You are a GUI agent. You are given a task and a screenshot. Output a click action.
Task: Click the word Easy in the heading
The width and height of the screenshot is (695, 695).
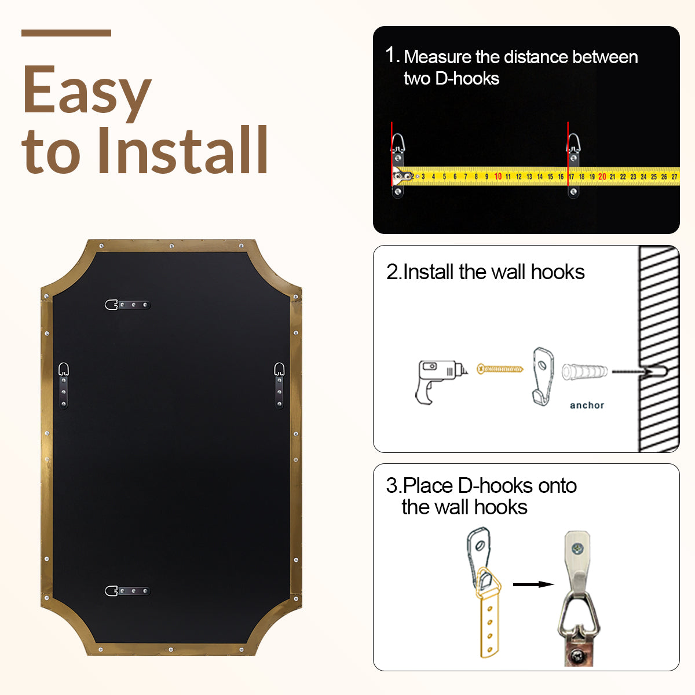coord(86,92)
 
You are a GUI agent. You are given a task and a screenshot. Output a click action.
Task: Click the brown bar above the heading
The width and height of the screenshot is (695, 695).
coord(66,33)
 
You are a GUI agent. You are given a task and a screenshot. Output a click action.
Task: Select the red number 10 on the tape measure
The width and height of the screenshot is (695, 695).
coord(498,177)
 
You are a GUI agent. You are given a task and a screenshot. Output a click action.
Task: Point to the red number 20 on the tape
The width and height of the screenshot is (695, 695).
coord(602,177)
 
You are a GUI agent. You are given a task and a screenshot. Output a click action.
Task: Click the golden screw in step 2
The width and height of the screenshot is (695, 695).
coord(500,369)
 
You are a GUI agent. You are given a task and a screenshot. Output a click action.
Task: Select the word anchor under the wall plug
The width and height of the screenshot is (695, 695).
coord(587,405)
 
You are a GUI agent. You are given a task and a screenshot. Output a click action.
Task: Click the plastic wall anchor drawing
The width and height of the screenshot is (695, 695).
coord(584,371)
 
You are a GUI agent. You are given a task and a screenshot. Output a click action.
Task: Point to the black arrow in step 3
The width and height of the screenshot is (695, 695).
coord(533,584)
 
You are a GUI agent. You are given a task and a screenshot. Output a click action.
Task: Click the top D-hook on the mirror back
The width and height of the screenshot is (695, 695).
coord(127,305)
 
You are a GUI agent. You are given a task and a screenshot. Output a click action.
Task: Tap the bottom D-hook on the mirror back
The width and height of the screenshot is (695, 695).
coord(127,591)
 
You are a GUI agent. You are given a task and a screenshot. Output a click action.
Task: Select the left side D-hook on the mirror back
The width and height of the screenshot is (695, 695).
coord(64,386)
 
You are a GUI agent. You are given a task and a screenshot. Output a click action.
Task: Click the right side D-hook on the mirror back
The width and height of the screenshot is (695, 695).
coord(279,386)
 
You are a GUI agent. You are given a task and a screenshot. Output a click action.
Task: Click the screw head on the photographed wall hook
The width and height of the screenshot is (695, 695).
coord(578,548)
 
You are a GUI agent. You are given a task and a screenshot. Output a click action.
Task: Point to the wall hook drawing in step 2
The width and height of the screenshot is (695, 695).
coord(543,376)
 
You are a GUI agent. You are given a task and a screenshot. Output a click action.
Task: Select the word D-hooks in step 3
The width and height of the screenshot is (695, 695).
coord(495,486)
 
